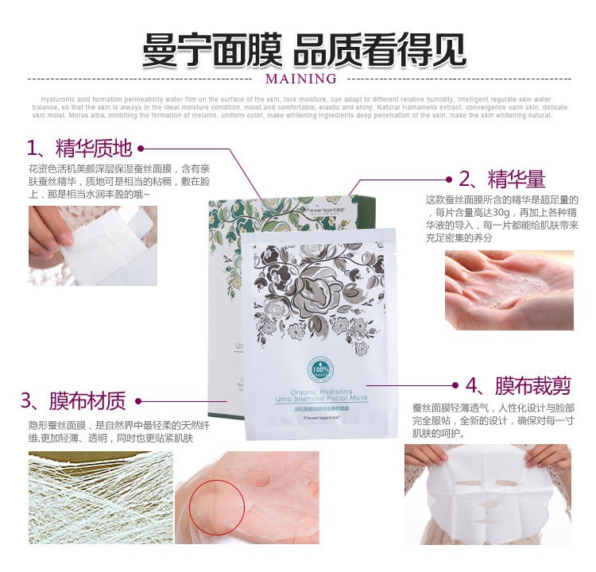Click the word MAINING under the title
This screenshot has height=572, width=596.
[x=301, y=79]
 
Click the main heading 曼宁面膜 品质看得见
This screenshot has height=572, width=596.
[x=303, y=49]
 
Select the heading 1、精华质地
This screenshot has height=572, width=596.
[x=79, y=148]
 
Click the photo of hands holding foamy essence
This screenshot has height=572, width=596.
[x=509, y=290]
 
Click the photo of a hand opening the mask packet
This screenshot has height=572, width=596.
[x=93, y=245]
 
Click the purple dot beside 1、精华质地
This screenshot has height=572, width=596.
[x=141, y=148]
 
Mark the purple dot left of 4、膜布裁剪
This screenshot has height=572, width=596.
[x=456, y=386]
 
